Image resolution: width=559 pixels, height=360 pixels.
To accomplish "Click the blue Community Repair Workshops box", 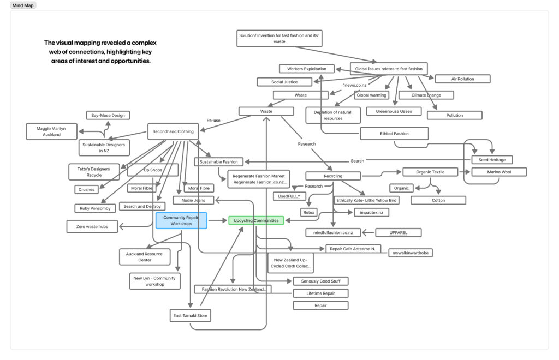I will pyautogui.click(x=181, y=220).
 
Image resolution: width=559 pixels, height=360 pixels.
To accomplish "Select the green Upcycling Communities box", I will pyautogui.click(x=256, y=221).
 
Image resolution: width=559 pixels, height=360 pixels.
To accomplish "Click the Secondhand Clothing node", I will pyautogui.click(x=173, y=131).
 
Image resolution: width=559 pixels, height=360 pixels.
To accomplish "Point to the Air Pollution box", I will pyautogui.click(x=462, y=79).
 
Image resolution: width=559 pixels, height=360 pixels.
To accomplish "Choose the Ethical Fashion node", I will pyautogui.click(x=394, y=134).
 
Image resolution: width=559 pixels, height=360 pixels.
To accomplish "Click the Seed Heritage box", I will pyautogui.click(x=492, y=160).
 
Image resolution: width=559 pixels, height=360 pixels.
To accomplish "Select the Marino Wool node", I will pyautogui.click(x=499, y=172).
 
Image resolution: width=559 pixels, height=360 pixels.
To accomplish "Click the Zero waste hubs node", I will pyautogui.click(x=92, y=226).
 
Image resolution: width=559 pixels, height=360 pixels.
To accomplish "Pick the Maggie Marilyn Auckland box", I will pyautogui.click(x=51, y=131).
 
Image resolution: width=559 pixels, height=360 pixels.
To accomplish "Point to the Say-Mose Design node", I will pyautogui.click(x=108, y=115).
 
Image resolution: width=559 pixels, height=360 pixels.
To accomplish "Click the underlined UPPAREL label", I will pyautogui.click(x=398, y=233).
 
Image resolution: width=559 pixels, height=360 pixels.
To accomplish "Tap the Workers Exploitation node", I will pyautogui.click(x=306, y=69).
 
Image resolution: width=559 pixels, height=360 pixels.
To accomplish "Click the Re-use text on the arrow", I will pyautogui.click(x=213, y=121).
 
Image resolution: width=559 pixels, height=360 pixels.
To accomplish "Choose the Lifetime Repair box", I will pyautogui.click(x=320, y=293).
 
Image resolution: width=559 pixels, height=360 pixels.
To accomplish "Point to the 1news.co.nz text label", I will pyautogui.click(x=354, y=85).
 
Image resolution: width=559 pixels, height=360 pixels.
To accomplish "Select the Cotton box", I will pyautogui.click(x=438, y=200).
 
